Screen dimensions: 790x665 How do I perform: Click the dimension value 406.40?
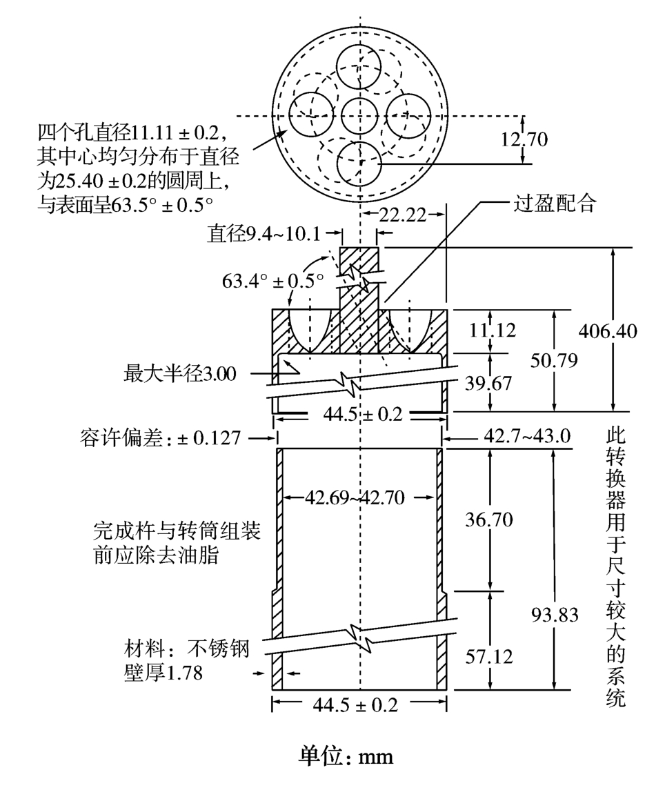(608, 332)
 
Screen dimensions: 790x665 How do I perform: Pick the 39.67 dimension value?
(488, 382)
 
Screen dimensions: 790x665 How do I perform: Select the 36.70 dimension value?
(488, 519)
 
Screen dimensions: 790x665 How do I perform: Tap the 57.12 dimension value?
(488, 656)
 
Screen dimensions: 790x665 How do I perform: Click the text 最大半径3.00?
(180, 375)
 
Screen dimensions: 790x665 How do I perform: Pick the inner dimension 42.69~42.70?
(359, 496)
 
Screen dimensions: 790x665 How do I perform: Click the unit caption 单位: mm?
(345, 756)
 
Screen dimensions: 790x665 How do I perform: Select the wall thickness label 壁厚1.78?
(163, 673)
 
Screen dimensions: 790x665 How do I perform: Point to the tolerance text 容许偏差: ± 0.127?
(161, 437)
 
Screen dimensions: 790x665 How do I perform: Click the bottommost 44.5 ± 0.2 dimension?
(359, 704)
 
